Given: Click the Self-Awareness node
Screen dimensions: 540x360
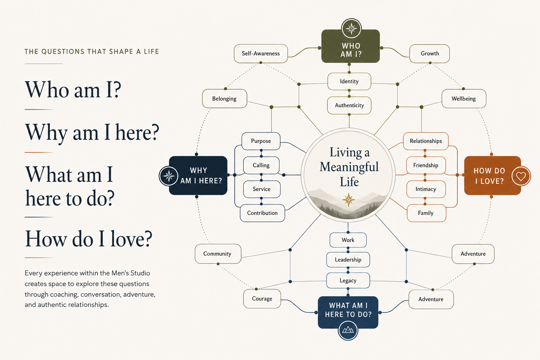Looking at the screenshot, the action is pyautogui.click(x=261, y=53).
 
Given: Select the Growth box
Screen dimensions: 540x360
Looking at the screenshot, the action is pyautogui.click(x=430, y=53).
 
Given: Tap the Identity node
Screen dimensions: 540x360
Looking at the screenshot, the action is pyautogui.click(x=349, y=82).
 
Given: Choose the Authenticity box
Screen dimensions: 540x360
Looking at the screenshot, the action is pyautogui.click(x=349, y=105).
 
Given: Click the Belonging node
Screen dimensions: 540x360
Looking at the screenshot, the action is pyautogui.click(x=224, y=99).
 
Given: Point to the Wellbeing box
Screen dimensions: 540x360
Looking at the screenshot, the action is pyautogui.click(x=464, y=99).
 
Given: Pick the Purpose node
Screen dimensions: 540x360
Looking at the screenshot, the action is pyautogui.click(x=261, y=141).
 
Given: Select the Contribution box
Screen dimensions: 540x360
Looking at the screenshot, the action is pyautogui.click(x=262, y=213).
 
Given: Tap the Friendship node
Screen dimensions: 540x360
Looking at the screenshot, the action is pyautogui.click(x=426, y=166).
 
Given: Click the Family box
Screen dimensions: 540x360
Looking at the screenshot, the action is pyautogui.click(x=426, y=213).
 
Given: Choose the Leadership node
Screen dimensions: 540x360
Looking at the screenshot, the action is pyautogui.click(x=348, y=260).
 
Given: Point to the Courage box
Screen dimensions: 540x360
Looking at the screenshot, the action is pyautogui.click(x=262, y=299).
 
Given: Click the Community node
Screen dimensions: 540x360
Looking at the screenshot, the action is pyautogui.click(x=218, y=254).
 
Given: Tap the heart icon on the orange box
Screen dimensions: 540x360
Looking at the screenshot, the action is pyautogui.click(x=521, y=176).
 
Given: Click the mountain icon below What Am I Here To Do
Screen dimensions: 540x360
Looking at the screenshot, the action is pyautogui.click(x=348, y=330).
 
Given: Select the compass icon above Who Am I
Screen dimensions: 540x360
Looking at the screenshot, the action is pyautogui.click(x=351, y=28).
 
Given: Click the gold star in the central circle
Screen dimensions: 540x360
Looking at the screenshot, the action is pyautogui.click(x=348, y=199).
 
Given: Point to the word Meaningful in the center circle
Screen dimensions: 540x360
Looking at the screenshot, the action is pyautogui.click(x=349, y=167).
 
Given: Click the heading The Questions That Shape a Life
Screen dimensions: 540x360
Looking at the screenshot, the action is pyautogui.click(x=92, y=52).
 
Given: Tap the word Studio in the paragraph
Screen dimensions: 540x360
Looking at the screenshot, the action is pyautogui.click(x=140, y=273).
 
